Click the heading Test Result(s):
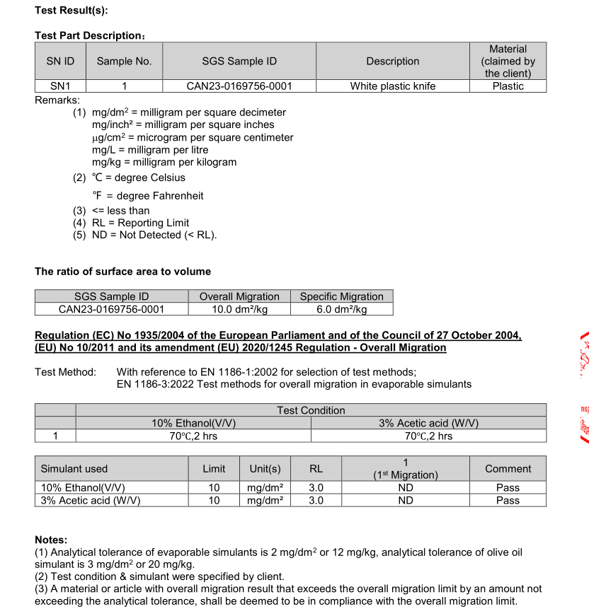point(72,11)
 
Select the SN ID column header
point(60,62)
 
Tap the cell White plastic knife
point(393,86)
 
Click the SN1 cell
point(60,86)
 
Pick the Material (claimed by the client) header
point(508,62)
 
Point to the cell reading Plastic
point(508,86)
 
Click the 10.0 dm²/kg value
point(239,309)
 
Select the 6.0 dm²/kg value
point(342,309)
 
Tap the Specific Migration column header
point(342,296)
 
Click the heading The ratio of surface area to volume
point(122,272)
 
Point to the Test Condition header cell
point(311,410)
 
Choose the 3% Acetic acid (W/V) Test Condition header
point(428,423)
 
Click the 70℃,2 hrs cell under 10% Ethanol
point(193,436)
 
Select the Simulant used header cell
point(74,468)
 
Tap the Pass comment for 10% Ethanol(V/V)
point(508,487)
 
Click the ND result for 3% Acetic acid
point(406,500)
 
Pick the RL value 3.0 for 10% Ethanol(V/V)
point(316,487)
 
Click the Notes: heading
point(51,540)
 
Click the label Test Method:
point(65,372)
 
